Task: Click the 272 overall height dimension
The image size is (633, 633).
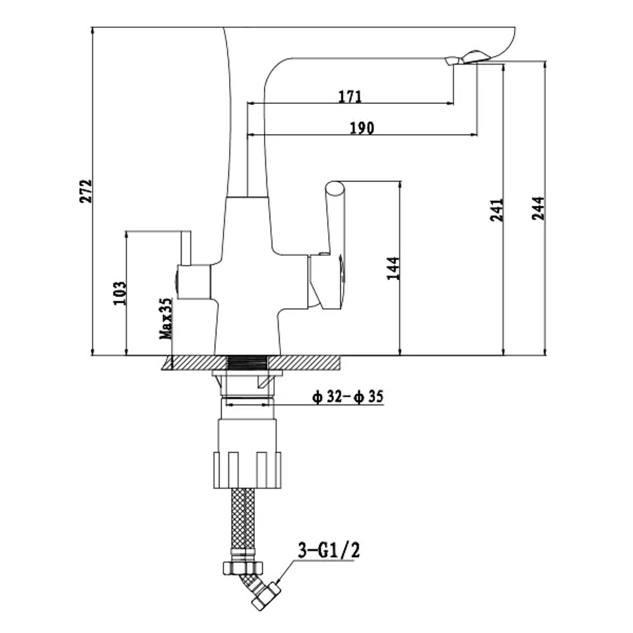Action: coord(86,191)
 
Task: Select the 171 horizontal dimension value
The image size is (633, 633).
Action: coord(350,96)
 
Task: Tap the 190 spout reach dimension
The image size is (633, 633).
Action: coord(361,128)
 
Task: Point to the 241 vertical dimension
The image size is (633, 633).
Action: coord(497,210)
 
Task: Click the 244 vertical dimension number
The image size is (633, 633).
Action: coord(538,208)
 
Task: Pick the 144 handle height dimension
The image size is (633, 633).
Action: coord(393,268)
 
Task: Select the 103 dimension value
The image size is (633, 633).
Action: coord(120,293)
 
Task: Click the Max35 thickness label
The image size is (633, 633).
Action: coord(166,319)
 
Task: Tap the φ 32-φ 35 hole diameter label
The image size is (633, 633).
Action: coord(348,396)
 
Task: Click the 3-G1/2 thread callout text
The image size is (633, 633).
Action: coord(329,550)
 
